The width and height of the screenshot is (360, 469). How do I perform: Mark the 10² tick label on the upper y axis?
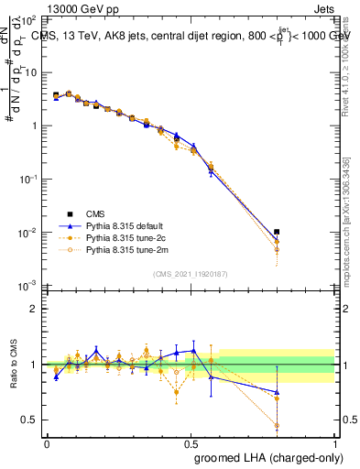[x=27, y=19]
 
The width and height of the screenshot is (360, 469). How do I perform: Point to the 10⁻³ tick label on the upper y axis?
[x=27, y=287]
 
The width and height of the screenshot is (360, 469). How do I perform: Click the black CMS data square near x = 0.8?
[x=277, y=232]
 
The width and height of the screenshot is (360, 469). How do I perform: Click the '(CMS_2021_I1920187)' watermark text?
[x=191, y=274]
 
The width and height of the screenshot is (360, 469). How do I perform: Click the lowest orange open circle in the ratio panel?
[x=277, y=426]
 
